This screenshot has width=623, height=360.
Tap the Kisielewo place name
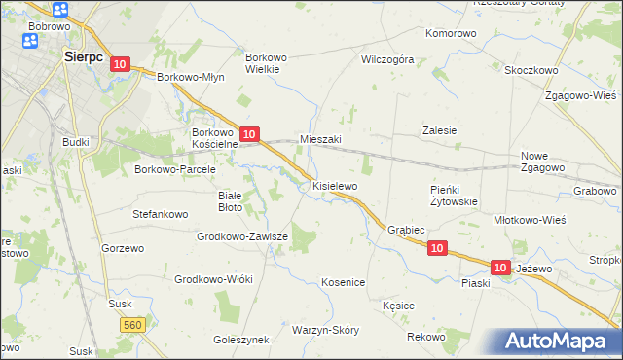point(335,185)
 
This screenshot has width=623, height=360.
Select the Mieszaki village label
point(320,139)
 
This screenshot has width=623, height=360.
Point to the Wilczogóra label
point(387,59)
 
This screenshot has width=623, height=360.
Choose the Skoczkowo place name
point(531,70)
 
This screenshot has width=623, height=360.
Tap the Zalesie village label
point(439,130)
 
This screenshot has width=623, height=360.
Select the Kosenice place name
point(343,282)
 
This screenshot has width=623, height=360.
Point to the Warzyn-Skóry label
point(325,330)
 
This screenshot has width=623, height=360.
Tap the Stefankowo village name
point(160,210)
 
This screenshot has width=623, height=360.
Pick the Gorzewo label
point(123,248)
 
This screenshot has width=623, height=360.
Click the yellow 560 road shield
point(133,323)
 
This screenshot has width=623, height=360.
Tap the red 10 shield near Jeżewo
point(500,267)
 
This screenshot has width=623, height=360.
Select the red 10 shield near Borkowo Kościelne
point(249,134)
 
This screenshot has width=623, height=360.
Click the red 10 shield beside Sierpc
point(119,63)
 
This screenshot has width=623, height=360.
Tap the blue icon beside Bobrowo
point(59,10)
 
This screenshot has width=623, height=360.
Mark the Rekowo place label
point(426,337)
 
